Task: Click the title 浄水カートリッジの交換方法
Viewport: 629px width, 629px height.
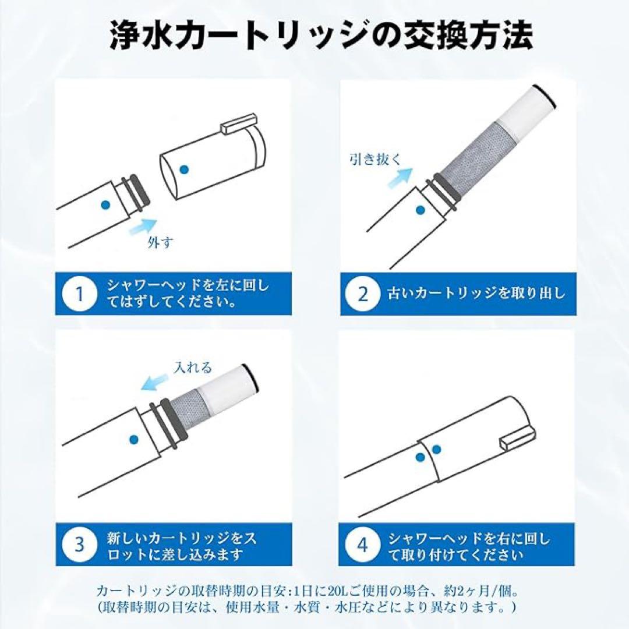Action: [x=321, y=36]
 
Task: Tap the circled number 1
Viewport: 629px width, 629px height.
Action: [x=80, y=294]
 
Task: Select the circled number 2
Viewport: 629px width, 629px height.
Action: [x=363, y=294]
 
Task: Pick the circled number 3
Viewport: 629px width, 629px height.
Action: [x=80, y=545]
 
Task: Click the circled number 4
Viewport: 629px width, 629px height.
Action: [x=363, y=545]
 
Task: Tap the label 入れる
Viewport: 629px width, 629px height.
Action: [x=193, y=367]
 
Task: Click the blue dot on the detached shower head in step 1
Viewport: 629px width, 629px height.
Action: [x=184, y=169]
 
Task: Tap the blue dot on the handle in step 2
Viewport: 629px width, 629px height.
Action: [x=420, y=210]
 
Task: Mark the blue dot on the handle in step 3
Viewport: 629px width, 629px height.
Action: [x=133, y=440]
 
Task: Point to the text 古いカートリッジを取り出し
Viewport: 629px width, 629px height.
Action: [x=476, y=294]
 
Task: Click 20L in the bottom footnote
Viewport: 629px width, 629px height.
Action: [x=342, y=591]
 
